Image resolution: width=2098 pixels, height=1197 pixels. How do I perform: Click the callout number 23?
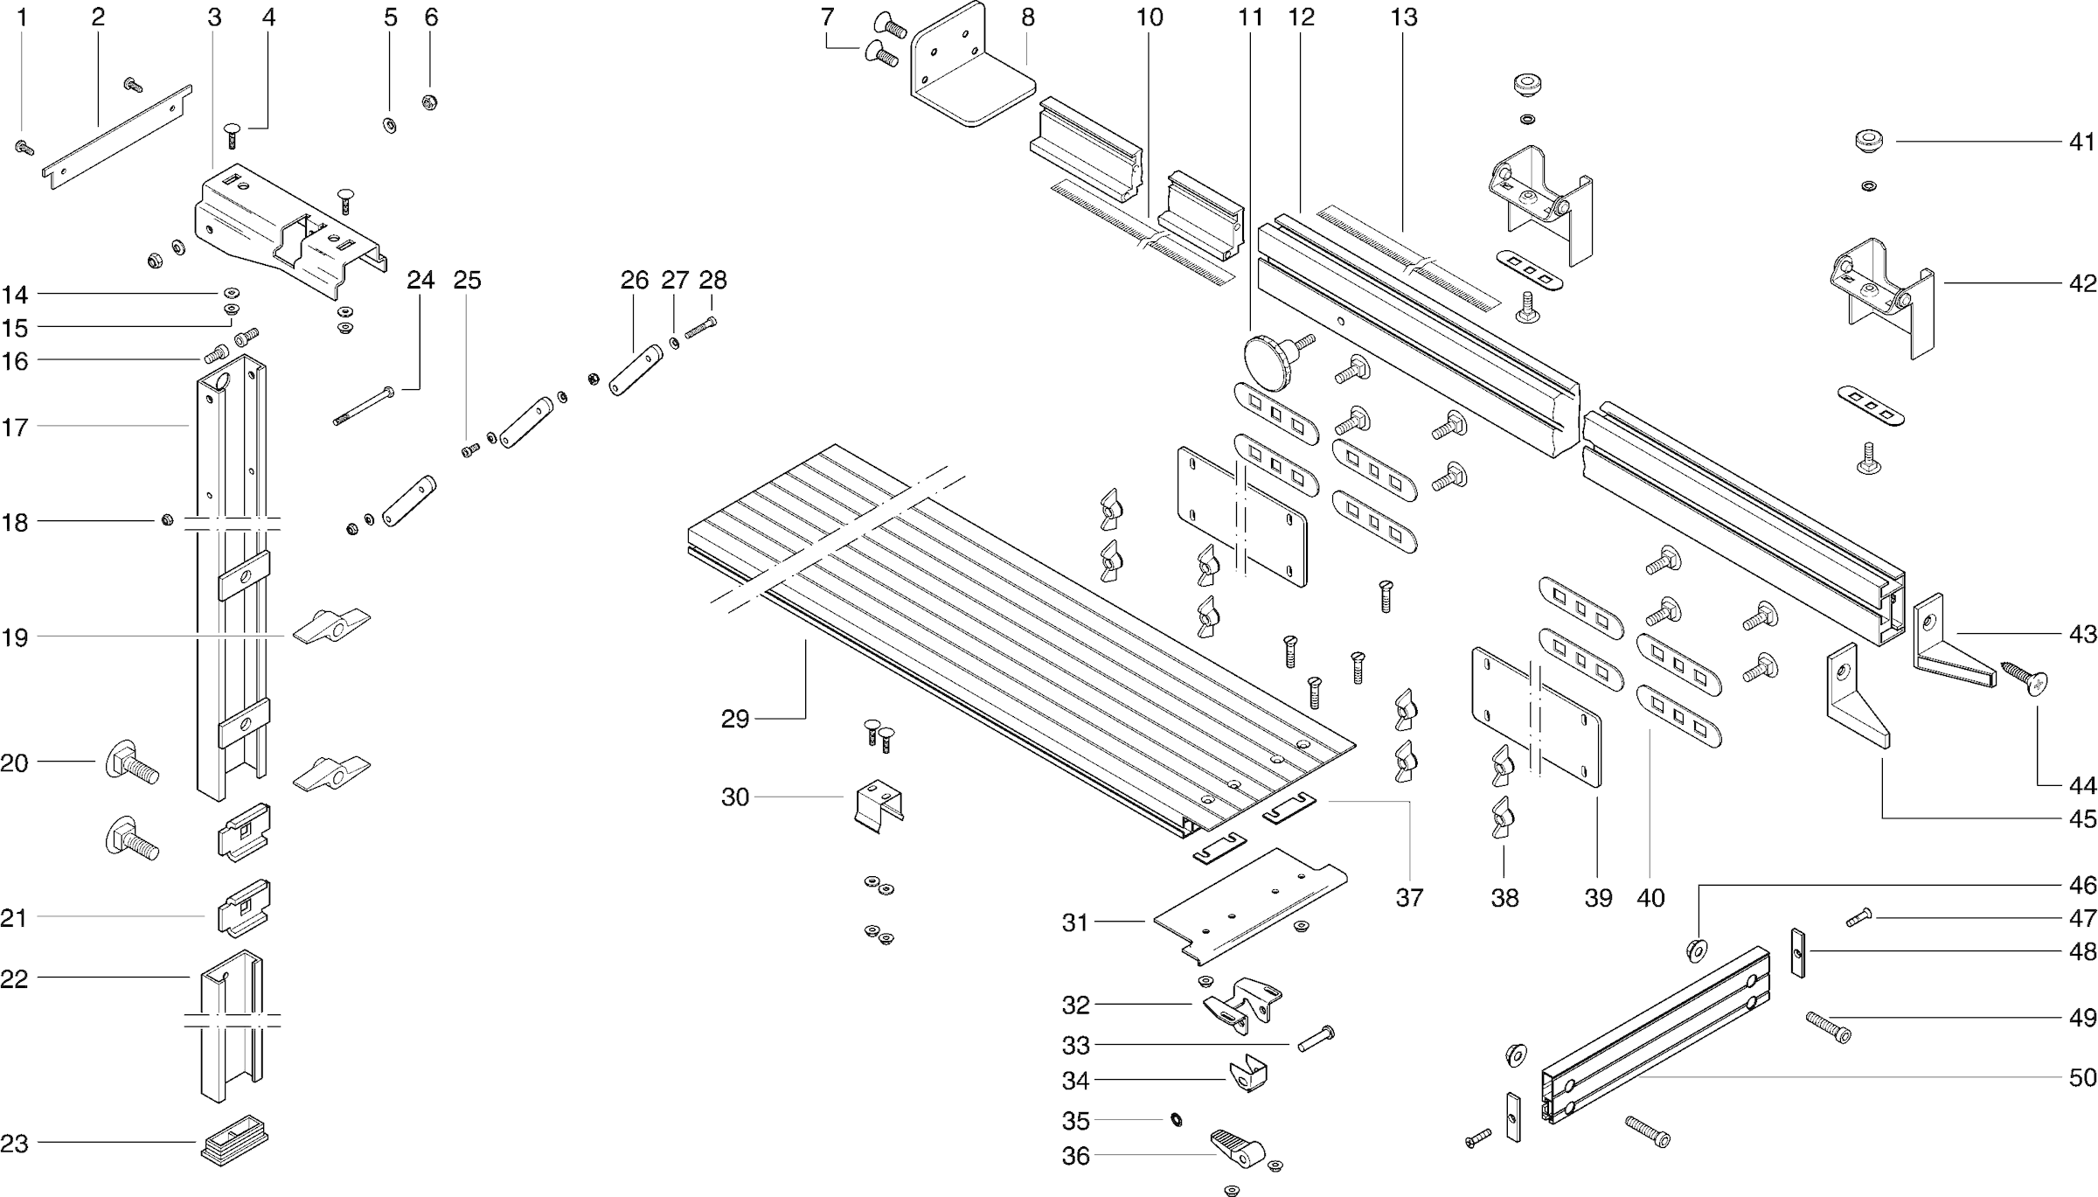(x=14, y=1143)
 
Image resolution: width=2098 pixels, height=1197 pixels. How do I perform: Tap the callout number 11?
(x=1251, y=17)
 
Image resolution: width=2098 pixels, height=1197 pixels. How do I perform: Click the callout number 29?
(x=734, y=719)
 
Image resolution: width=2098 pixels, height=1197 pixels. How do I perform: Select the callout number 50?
(x=2083, y=1077)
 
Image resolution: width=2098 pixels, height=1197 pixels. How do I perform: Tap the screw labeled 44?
(x=2026, y=678)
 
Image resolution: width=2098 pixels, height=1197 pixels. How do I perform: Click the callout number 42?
(x=2083, y=283)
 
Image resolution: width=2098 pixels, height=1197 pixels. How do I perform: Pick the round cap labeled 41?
(x=1868, y=141)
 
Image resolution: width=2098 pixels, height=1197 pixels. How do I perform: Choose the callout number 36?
(x=1076, y=1155)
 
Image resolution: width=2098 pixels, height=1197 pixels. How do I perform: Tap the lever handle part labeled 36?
(x=1237, y=1147)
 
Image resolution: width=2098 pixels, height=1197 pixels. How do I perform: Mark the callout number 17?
(x=14, y=427)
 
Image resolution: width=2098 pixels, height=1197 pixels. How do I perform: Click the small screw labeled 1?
(x=24, y=149)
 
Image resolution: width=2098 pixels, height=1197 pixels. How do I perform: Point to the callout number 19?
(x=14, y=637)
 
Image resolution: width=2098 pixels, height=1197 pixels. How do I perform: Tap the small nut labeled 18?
(x=166, y=522)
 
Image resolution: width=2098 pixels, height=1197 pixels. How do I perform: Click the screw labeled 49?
(x=1829, y=1026)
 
